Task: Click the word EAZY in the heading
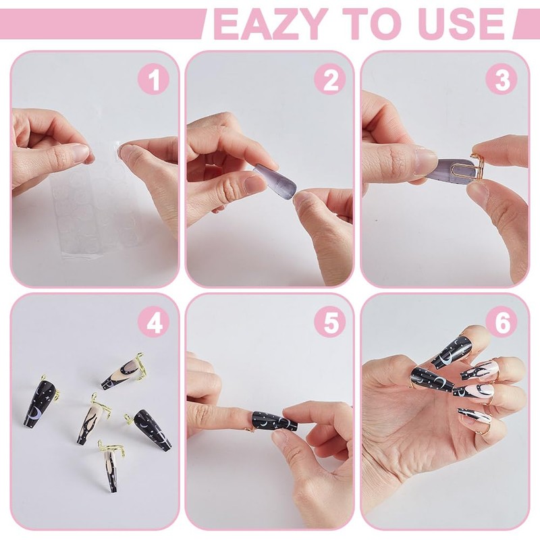(x=271, y=24)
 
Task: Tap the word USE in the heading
(x=462, y=24)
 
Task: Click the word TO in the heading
(x=373, y=24)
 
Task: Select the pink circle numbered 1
(x=154, y=80)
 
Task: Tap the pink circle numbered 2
(x=330, y=80)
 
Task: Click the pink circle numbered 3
(x=502, y=80)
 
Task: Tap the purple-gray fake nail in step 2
(x=275, y=178)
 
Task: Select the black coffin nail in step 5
(x=275, y=421)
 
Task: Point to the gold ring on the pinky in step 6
(x=481, y=432)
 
